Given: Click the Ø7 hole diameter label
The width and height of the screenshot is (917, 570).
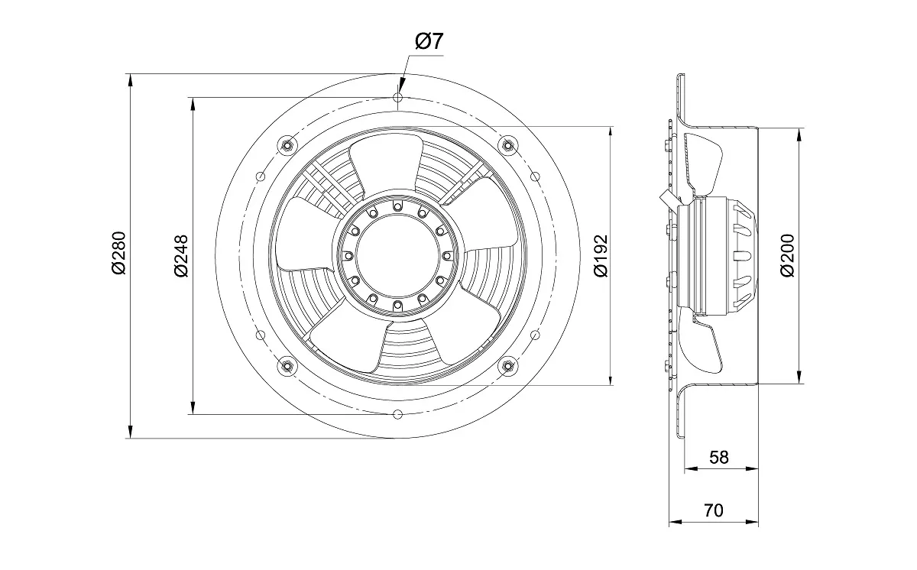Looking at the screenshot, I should pos(429,42).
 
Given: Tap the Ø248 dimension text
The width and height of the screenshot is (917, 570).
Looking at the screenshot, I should pos(181,256).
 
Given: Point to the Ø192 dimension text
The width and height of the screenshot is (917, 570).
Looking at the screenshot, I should pos(601,256).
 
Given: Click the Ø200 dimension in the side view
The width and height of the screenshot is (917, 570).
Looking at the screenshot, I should pos(788,256).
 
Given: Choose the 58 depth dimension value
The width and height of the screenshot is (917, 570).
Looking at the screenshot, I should pos(719,457).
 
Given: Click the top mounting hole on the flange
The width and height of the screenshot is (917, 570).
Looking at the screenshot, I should pos(397,97).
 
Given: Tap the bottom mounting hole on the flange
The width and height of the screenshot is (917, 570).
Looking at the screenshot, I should pos(397,414).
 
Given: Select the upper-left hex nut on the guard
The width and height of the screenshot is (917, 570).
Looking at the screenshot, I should pos(287,144).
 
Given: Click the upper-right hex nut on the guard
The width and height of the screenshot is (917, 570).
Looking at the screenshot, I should pos(507,144).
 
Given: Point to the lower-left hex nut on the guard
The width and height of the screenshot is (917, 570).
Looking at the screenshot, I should pos(287,367).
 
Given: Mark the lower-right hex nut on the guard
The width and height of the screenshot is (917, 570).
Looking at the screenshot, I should pos(507,367).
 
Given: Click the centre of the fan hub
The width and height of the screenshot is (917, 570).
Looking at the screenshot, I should pos(397,256).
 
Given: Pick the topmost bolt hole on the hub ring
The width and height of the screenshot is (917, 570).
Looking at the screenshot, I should pos(397,206).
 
